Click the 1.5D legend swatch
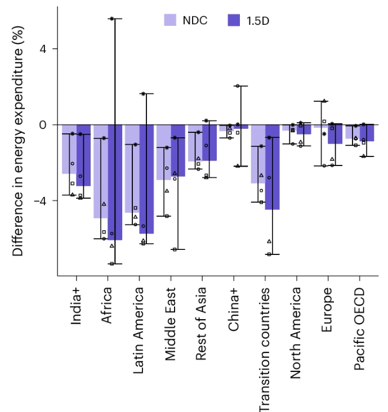point(234,20)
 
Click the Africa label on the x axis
point(107,304)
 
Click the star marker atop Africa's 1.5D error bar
point(112,19)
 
